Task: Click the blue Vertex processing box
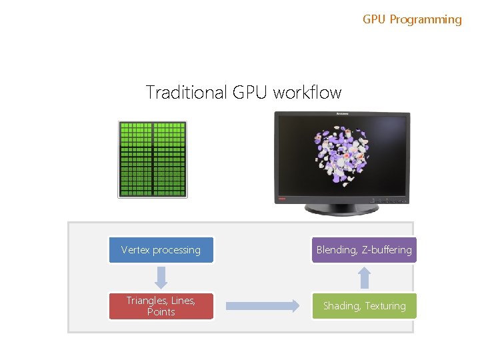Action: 161,250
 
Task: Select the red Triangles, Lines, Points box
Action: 161,306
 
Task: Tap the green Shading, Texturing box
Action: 364,306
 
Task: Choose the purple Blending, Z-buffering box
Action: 364,250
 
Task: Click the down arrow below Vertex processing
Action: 161,277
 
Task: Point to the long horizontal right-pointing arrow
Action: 263,306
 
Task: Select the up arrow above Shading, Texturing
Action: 364,277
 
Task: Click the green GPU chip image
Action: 153,159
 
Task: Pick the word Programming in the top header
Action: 425,20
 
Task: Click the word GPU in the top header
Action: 374,20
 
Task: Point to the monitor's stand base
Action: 341,209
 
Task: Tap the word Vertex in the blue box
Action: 135,250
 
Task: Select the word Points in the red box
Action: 161,312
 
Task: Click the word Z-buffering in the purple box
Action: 387,250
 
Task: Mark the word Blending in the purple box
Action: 337,250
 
